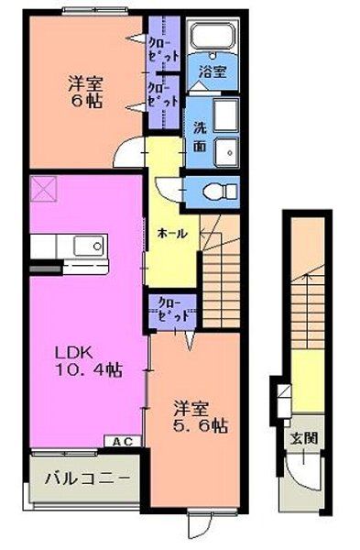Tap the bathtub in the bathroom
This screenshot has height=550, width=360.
(213, 39)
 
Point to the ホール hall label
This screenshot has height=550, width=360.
(172, 233)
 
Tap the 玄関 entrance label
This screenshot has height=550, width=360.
(305, 438)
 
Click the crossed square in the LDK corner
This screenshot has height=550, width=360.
(43, 191)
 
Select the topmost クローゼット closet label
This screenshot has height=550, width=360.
(164, 47)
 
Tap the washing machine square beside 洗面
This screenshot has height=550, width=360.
(226, 115)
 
